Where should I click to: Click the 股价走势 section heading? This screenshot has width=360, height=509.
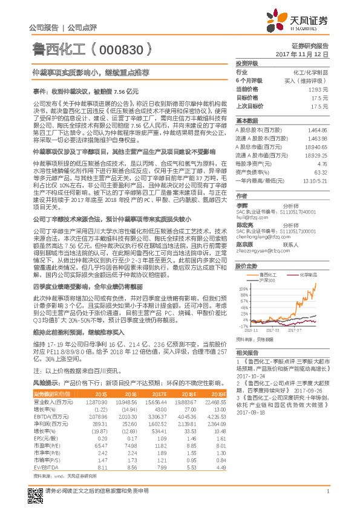click(x=246, y=265)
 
